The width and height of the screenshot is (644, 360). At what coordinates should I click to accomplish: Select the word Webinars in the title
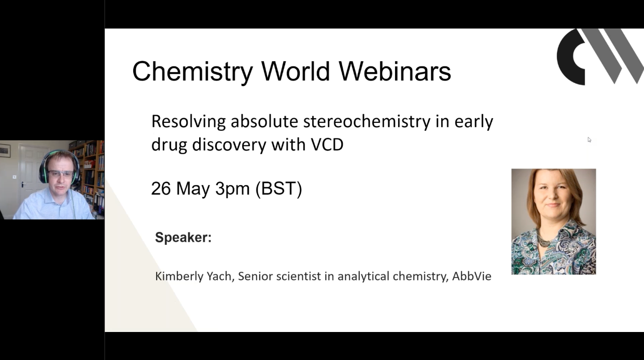pos(395,71)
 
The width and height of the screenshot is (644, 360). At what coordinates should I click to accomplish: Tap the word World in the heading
pos(295,71)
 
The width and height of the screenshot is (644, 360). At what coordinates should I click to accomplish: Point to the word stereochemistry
pos(367,121)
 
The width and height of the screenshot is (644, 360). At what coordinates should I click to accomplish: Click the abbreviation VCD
pos(327,145)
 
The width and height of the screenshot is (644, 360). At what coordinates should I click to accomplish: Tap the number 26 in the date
pos(161,189)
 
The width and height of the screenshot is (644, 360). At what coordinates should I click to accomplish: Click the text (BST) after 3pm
pos(278,189)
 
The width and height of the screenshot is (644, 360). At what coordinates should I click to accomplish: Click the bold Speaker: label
pos(184,238)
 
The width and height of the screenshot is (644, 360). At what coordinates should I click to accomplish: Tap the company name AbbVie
pos(472,276)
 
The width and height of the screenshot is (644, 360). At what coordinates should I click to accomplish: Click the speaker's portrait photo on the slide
pos(554,221)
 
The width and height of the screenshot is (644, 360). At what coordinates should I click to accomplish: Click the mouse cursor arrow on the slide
pos(590,140)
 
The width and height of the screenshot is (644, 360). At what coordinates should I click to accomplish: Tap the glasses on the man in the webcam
pos(61,174)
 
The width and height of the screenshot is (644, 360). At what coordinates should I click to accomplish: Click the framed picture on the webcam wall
pos(5,150)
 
